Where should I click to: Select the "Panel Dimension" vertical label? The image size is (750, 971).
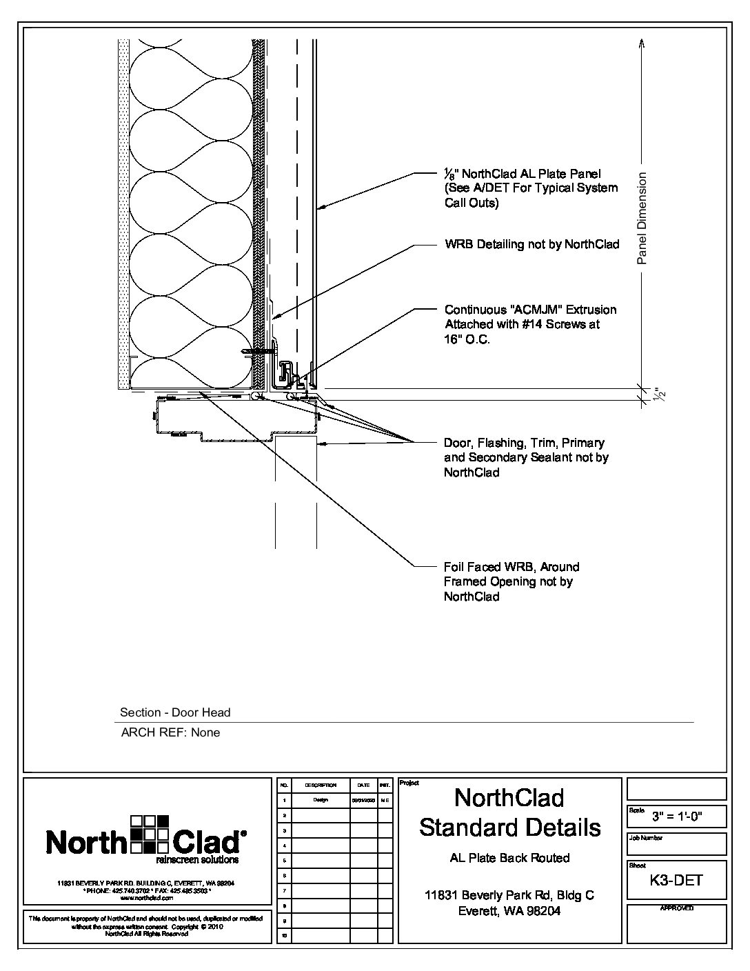(642, 219)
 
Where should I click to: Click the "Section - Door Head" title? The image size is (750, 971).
(175, 712)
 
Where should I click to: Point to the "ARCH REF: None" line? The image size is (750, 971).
(170, 732)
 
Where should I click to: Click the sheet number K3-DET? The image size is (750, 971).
(676, 880)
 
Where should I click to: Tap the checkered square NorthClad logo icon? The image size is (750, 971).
(149, 833)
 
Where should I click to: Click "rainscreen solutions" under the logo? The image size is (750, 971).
(197, 860)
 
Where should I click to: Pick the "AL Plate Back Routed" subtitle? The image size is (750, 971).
(509, 858)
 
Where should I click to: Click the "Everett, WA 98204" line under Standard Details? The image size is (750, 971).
(509, 911)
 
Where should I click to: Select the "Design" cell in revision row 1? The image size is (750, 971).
(320, 800)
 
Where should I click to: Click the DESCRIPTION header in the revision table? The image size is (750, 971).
(320, 785)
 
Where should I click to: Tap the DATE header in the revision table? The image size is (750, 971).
(363, 785)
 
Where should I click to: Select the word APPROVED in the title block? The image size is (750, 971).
(676, 908)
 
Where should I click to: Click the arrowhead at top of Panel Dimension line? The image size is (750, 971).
(642, 41)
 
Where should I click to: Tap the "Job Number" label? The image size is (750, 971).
(645, 838)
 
